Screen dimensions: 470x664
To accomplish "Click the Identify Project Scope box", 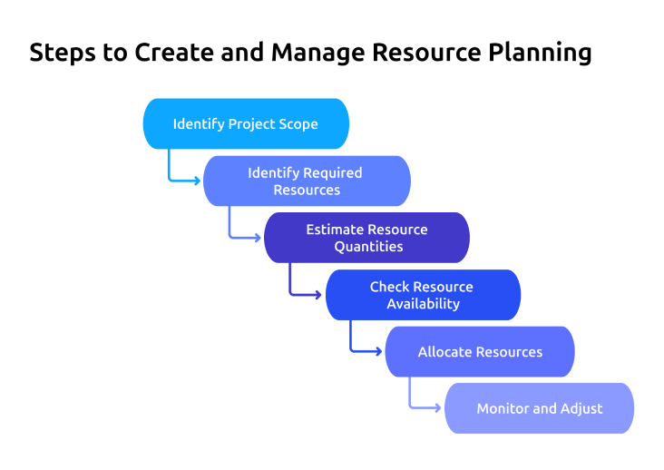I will [246, 123].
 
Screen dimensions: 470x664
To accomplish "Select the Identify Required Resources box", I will [307, 181].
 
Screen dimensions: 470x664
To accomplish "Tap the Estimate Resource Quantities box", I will [366, 238].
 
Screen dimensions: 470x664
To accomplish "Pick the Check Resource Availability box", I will [423, 295].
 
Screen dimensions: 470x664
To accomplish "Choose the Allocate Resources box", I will [480, 352].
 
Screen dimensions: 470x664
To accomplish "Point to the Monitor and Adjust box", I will [539, 408].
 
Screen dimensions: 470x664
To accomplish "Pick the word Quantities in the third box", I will [368, 247].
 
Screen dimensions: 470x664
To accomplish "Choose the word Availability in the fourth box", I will [423, 304].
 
